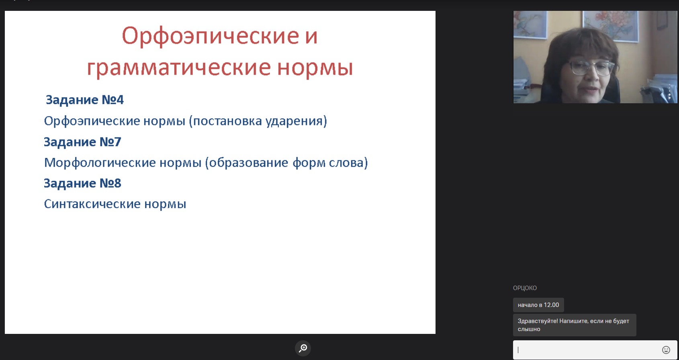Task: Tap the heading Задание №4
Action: click(84, 100)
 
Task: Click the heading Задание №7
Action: click(82, 142)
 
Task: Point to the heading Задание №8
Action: click(82, 183)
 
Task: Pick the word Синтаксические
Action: click(92, 204)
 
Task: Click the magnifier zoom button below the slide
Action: click(303, 348)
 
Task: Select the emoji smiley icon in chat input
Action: click(666, 350)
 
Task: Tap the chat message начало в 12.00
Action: click(538, 305)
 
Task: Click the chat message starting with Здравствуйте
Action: click(575, 325)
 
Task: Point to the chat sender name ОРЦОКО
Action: click(525, 288)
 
